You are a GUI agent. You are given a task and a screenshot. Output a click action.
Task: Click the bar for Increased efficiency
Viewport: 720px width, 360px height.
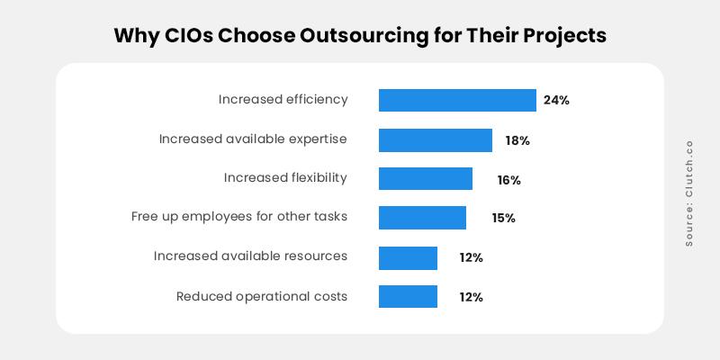pyautogui.click(x=457, y=100)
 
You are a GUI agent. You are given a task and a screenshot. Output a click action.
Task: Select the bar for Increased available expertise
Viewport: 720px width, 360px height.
pyautogui.click(x=436, y=140)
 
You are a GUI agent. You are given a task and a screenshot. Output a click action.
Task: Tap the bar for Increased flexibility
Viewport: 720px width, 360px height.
pyautogui.click(x=426, y=179)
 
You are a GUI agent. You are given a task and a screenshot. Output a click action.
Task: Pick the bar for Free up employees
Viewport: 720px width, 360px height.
pyautogui.click(x=422, y=218)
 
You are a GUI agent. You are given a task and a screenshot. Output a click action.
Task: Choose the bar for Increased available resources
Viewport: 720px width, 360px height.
pyautogui.click(x=408, y=257)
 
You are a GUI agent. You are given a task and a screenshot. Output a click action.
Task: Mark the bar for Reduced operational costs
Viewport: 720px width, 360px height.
pyautogui.click(x=408, y=296)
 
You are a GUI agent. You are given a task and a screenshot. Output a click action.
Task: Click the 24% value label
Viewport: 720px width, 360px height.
pyautogui.click(x=556, y=100)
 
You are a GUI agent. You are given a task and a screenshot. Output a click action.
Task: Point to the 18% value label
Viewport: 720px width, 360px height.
pyautogui.click(x=517, y=140)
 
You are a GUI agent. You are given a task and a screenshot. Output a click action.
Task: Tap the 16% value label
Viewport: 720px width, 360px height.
pyautogui.click(x=508, y=180)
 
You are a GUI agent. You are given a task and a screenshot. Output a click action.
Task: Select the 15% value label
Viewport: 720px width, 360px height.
pyautogui.click(x=503, y=219)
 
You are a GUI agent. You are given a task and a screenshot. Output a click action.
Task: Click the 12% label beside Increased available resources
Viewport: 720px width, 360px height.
pyautogui.click(x=471, y=257)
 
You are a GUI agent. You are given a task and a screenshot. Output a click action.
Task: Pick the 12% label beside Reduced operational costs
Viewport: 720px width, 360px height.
pyautogui.click(x=471, y=297)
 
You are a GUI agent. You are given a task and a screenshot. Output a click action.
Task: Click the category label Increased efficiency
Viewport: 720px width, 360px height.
pyautogui.click(x=283, y=100)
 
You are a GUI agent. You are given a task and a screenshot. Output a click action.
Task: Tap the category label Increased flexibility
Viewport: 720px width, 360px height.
pyautogui.click(x=285, y=178)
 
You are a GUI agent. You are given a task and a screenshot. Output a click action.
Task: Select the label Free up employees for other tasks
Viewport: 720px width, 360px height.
pyautogui.click(x=239, y=217)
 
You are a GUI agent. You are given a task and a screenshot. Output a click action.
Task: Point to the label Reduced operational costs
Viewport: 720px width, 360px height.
pyautogui.click(x=262, y=296)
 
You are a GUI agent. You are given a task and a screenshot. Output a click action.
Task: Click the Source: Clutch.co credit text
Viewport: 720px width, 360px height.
pyautogui.click(x=689, y=193)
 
